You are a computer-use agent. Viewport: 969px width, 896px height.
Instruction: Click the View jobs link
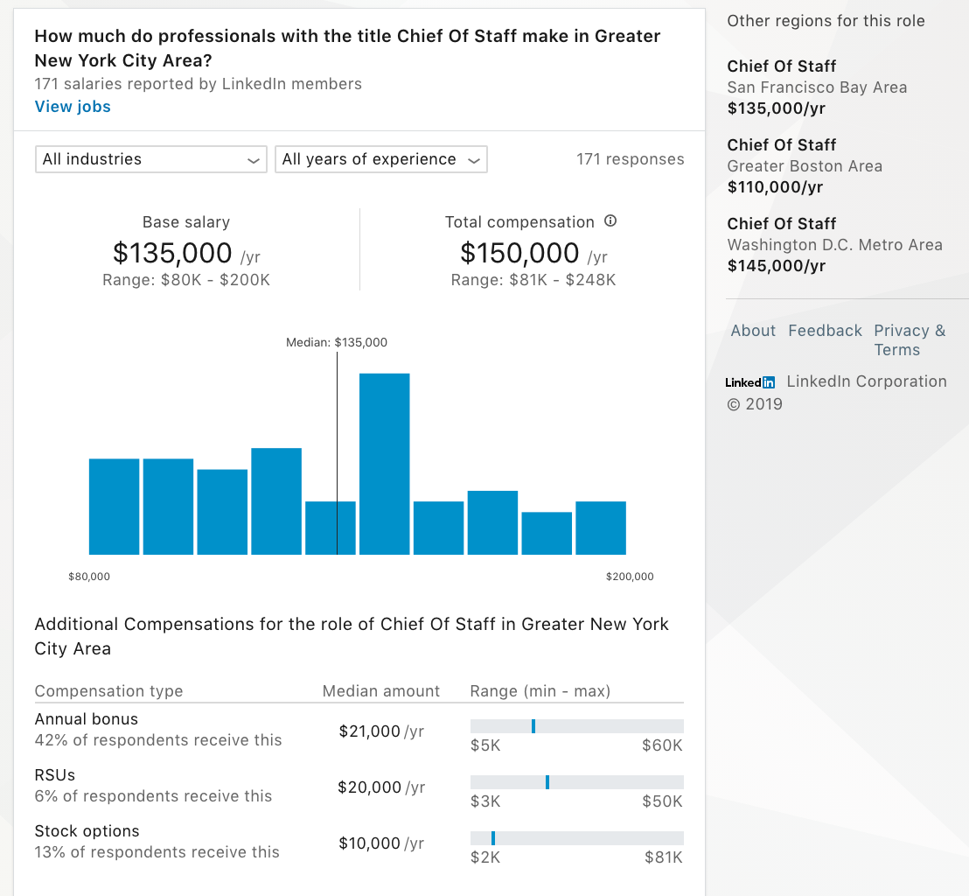[x=73, y=107]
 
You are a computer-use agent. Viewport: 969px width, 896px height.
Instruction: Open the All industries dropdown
[x=150, y=159]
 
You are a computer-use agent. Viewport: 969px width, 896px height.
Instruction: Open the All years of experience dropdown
[x=380, y=159]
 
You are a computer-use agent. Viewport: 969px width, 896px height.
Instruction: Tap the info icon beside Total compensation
[x=610, y=221]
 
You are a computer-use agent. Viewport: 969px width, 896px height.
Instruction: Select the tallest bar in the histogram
[x=384, y=464]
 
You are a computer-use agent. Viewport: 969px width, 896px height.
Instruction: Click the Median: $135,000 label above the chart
[x=337, y=343]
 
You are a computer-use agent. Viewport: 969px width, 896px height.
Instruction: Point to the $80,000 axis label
[x=89, y=577]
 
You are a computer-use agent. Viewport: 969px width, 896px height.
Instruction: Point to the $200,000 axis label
[x=630, y=577]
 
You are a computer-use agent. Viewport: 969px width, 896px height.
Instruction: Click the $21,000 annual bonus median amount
[x=370, y=731]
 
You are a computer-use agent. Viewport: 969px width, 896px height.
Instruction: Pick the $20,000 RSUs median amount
[x=370, y=787]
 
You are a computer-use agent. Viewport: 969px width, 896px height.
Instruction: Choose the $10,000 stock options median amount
[x=370, y=843]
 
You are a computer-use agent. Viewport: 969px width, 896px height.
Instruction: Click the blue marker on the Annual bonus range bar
[x=533, y=726]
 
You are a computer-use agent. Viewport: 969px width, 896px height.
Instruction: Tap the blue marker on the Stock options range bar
[x=493, y=838]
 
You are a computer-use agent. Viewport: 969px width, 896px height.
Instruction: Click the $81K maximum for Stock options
[x=664, y=857]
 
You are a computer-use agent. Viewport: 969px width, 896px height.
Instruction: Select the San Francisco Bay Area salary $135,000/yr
[x=777, y=108]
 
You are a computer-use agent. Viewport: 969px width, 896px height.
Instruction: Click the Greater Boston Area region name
[x=805, y=166]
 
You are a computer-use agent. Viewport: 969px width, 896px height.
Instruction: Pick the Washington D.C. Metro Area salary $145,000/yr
[x=777, y=266]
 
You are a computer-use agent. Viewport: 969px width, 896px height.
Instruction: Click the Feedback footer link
[x=825, y=331]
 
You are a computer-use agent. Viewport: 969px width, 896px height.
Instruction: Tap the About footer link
[x=753, y=331]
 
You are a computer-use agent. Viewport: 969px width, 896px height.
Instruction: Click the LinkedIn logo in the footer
[x=750, y=382]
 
